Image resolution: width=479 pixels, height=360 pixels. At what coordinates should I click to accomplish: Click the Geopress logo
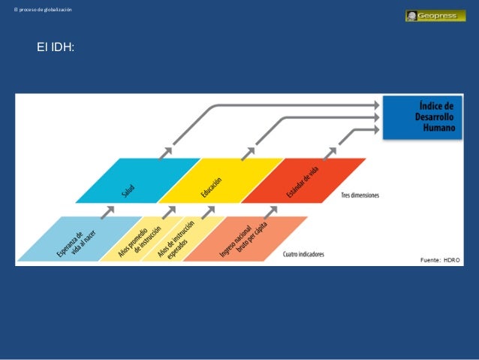point(435,15)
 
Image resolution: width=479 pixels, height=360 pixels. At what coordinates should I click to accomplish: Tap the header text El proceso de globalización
point(38,8)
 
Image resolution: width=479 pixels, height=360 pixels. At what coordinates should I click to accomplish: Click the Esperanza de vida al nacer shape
point(71,239)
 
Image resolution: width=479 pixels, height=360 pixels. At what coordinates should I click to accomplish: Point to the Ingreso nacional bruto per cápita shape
point(245,239)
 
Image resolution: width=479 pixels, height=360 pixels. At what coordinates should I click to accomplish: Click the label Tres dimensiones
point(360,195)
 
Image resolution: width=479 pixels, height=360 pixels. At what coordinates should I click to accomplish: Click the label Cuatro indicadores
point(303,254)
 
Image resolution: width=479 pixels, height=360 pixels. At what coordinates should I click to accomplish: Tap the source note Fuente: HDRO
point(439,259)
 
